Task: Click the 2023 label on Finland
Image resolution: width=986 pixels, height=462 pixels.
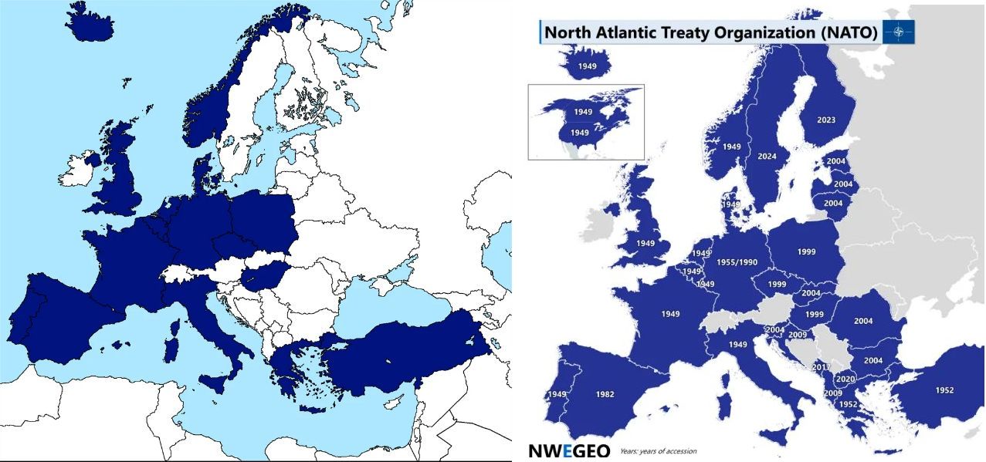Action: [x=825, y=120]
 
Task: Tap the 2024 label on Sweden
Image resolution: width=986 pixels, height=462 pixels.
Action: [x=767, y=157]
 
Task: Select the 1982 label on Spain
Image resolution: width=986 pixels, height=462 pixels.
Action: [x=605, y=394]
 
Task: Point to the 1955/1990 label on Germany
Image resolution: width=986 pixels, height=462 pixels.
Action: [x=737, y=262]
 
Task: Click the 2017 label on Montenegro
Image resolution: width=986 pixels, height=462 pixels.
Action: [x=821, y=367]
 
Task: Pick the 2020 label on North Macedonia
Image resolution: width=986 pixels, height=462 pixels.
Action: [x=845, y=379]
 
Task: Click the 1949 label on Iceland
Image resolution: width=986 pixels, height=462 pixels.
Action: [x=587, y=66]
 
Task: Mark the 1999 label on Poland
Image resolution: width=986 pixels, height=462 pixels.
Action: [x=807, y=251]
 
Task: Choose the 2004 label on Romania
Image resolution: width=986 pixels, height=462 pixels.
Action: [x=862, y=321]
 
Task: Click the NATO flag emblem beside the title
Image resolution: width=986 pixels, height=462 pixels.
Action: [x=899, y=32]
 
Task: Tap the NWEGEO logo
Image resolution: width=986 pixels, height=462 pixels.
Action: [x=569, y=451]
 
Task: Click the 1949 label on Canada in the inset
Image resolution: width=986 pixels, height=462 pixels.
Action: [x=583, y=112]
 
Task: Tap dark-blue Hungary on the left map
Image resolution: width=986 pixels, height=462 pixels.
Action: [x=261, y=276]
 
